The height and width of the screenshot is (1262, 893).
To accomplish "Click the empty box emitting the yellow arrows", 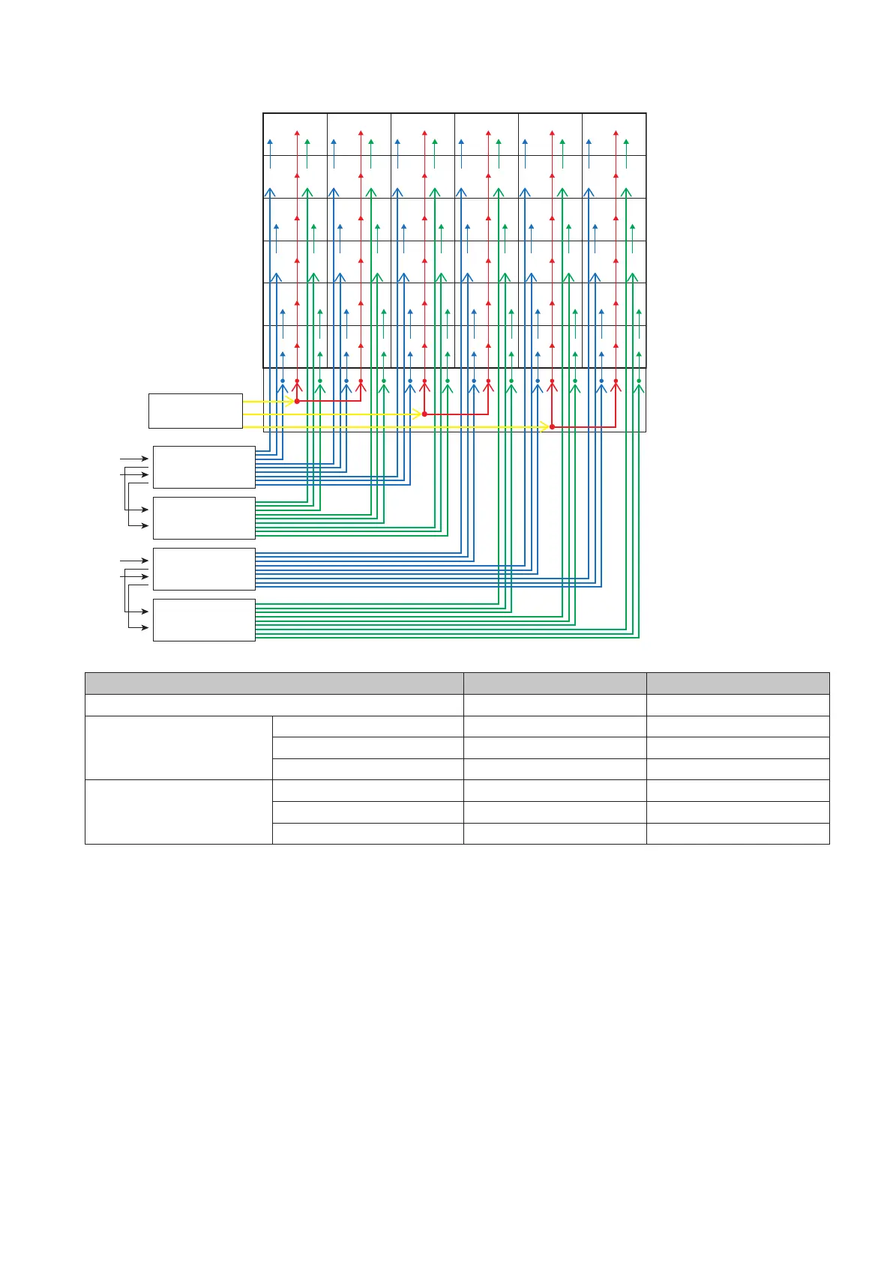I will tap(195, 411).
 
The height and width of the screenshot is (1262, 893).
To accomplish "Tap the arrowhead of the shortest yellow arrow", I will tap(291, 402).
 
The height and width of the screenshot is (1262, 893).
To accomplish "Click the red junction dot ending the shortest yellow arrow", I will tap(297, 402).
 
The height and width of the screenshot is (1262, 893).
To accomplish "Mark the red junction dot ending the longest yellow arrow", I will tap(552, 427).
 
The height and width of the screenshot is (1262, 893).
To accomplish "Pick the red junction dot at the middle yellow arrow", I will tap(424, 414).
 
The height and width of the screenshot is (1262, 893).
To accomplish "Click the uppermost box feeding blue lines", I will tap(204, 467).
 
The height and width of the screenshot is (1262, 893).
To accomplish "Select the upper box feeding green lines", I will tap(204, 518).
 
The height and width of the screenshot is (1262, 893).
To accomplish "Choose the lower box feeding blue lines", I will tap(204, 569).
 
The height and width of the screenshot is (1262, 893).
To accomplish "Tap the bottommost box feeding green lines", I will tap(204, 620).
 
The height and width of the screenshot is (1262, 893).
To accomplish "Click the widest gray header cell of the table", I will tap(274, 683).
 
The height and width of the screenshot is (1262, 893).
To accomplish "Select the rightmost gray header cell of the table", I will tap(738, 683).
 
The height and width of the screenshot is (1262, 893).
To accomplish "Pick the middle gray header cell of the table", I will tap(555, 683).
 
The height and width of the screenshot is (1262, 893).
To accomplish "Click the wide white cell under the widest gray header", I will tap(274, 705).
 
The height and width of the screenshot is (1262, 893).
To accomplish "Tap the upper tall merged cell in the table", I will tap(178, 748).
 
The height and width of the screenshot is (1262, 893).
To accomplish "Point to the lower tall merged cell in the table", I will tap(178, 812).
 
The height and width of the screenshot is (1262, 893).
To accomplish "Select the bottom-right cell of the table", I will tap(738, 833).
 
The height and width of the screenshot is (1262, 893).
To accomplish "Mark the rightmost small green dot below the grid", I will tap(639, 381).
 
